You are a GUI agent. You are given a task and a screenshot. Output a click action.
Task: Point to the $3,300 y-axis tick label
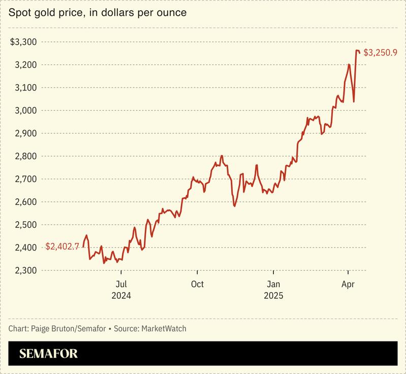[x=24, y=42]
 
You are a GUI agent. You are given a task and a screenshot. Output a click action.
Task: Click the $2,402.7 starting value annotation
[x=62, y=246]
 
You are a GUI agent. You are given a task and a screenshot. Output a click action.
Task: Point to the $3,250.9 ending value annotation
[x=381, y=52]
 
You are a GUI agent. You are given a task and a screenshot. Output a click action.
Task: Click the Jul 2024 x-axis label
[x=121, y=290]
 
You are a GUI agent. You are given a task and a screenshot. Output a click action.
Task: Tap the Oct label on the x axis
[x=197, y=284]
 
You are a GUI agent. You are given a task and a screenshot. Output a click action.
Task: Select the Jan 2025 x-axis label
[x=273, y=290]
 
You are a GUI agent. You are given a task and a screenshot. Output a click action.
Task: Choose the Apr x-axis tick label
[x=348, y=284]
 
